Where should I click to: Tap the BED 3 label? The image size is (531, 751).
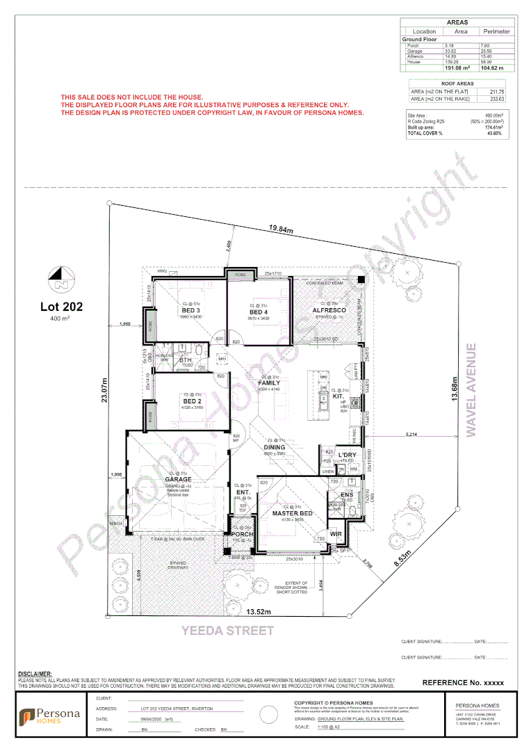[191, 310]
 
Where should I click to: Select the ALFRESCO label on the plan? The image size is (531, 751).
[329, 310]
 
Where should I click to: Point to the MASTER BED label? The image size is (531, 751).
[292, 513]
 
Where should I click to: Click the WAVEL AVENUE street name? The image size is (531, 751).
[472, 389]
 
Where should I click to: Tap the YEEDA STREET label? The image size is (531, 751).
[228, 631]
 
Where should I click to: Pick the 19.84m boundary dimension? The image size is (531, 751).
[281, 229]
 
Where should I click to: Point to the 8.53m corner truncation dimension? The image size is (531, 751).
[401, 559]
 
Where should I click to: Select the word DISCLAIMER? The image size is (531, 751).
[35, 674]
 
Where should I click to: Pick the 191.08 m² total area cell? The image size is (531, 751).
[457, 68]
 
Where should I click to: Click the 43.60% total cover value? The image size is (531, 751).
[494, 134]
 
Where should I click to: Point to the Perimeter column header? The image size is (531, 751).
[496, 31]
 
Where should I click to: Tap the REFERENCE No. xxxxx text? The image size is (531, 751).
[463, 683]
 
